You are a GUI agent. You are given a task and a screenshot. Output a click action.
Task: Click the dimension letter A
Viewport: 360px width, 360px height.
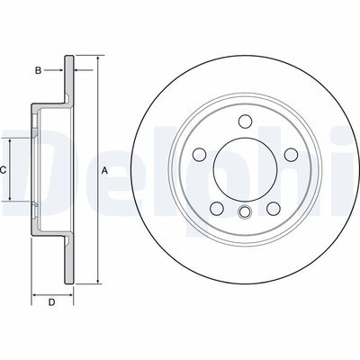(104, 171)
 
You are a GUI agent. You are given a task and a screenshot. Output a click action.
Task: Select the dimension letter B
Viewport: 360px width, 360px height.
(38, 69)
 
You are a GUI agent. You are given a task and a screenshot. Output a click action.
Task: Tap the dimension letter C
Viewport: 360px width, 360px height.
(4, 170)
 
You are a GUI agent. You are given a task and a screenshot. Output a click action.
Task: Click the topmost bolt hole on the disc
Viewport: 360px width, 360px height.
(245, 122)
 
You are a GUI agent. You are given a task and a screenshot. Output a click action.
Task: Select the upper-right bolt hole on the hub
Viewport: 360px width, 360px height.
(290, 155)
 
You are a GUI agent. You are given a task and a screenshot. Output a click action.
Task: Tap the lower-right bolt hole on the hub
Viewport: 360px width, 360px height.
(273, 208)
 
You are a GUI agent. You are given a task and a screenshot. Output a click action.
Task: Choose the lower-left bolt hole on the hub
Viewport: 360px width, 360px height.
(217, 208)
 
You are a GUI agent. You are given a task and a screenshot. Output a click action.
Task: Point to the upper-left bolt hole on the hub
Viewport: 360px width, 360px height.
(200, 155)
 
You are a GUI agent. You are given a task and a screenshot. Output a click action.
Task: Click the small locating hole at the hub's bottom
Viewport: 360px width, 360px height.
(245, 212)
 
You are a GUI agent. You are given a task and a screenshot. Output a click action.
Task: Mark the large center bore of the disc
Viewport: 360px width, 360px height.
(245, 170)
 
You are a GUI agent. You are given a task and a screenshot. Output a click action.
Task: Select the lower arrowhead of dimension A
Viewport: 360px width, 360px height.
(94, 283)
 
